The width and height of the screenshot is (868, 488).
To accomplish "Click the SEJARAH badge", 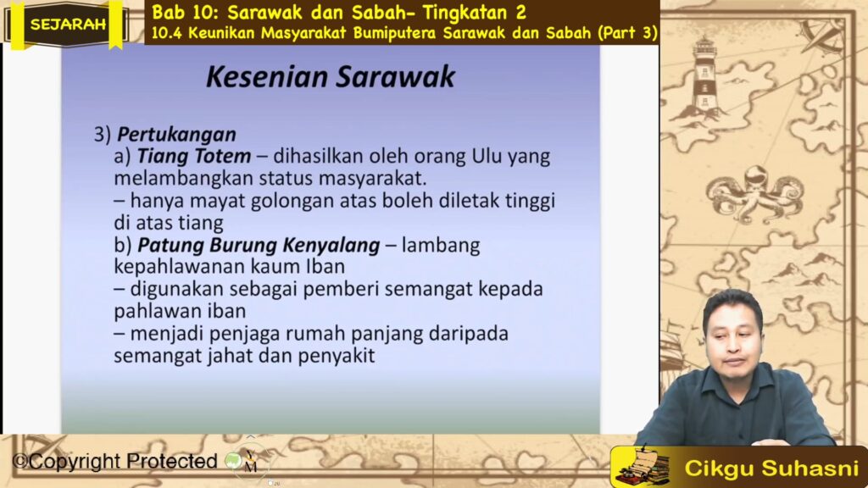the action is pos(67,25).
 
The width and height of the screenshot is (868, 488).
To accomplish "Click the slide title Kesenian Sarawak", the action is pos(331,77).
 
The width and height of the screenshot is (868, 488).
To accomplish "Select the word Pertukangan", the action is pos(176,135).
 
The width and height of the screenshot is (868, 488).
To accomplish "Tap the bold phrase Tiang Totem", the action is pos(194,156).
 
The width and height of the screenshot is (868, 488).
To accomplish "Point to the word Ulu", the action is pos(486,156).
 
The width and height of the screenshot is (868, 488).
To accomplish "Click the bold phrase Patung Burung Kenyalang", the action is pos(259,245).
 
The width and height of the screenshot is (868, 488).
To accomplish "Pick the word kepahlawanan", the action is pos(180,267).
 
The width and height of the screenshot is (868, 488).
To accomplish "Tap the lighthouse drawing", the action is pos(704,80).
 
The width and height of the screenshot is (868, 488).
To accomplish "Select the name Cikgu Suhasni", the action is pos(771,469).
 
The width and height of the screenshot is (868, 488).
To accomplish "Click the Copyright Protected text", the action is pos(115,461).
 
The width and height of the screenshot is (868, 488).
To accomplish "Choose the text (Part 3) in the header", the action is pos(627,33).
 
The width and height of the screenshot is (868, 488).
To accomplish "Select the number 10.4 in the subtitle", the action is pos(167,33).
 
